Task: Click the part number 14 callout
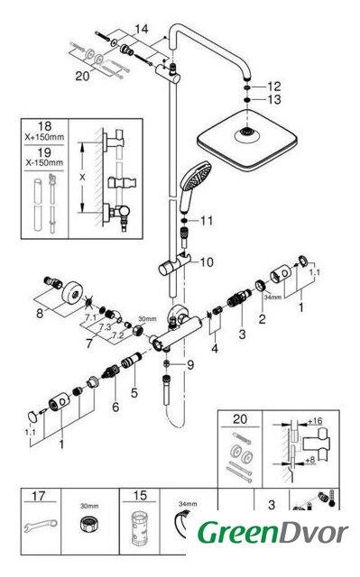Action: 142,29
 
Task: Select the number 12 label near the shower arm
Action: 274,87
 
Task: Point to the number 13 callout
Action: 274,99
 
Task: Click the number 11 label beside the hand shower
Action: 207,220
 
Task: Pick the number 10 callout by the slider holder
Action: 207,262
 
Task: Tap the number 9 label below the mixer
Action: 190,364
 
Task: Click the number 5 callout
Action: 134,393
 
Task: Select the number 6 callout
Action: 115,407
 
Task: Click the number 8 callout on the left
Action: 40,314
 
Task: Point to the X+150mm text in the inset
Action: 44,137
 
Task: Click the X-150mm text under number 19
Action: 44,162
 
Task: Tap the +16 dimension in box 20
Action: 315,421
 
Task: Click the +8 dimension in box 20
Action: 310,460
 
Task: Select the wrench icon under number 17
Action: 40,525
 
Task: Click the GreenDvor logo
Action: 272,532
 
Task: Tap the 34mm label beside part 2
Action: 272,297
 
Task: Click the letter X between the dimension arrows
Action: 82,177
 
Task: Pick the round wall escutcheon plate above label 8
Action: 75,293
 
